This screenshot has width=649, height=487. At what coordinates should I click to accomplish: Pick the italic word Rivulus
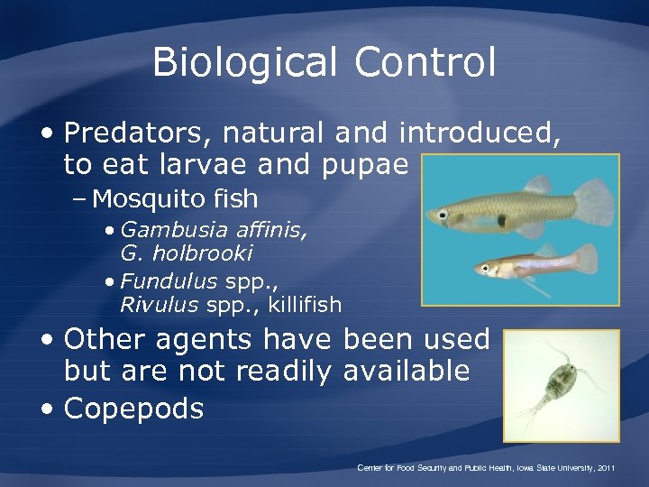[x=158, y=305]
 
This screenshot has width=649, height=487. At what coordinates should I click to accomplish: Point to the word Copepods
[x=134, y=409]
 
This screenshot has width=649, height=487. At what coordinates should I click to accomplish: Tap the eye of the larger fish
[x=443, y=214]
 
